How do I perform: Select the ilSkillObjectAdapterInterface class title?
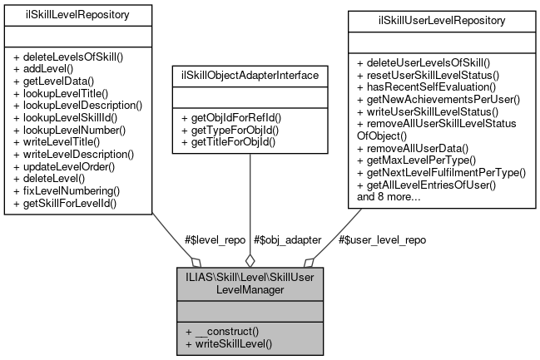click(249, 76)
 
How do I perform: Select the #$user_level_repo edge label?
click(383, 239)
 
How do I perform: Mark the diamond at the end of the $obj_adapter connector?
click(249, 259)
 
